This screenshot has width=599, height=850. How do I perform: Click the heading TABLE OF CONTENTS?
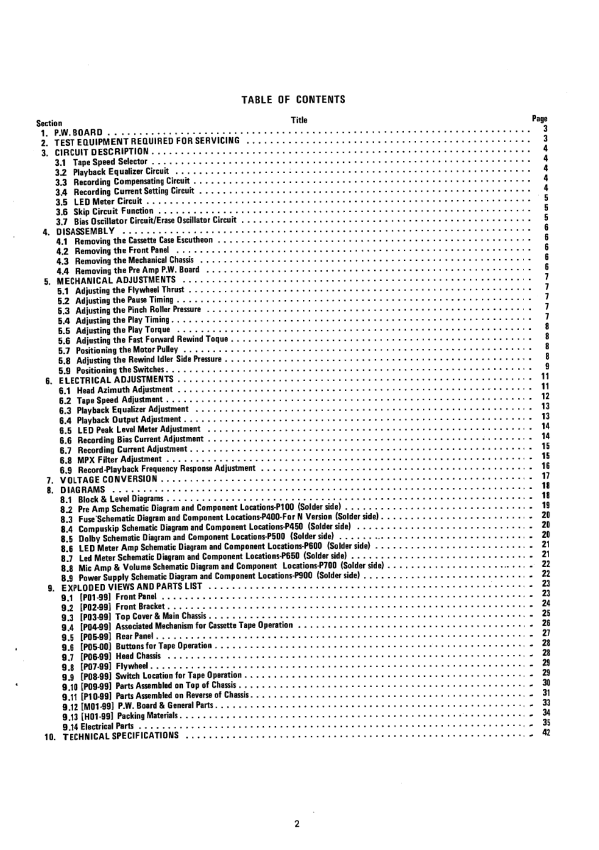[x=293, y=99]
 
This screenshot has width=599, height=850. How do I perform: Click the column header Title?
[x=299, y=120]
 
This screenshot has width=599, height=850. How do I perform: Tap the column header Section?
[x=49, y=123]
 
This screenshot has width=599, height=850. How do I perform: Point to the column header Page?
[x=539, y=119]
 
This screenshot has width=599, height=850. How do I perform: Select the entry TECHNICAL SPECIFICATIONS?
[x=121, y=736]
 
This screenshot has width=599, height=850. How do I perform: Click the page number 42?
[x=546, y=733]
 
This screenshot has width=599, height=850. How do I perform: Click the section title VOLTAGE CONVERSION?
[x=108, y=479]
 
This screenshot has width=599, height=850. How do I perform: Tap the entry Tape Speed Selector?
[x=110, y=162]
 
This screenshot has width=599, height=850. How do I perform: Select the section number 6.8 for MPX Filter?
[x=65, y=460]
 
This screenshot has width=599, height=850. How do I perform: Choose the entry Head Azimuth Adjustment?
[x=124, y=390]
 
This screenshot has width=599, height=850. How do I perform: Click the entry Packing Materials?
[x=147, y=716]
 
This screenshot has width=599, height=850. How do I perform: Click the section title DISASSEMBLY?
[x=85, y=232]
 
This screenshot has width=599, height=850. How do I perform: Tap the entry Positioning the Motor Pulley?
[x=127, y=350]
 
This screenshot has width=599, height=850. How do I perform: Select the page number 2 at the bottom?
[x=297, y=825]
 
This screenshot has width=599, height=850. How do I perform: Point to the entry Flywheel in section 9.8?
[x=132, y=666]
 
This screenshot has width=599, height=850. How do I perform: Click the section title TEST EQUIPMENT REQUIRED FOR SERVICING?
[x=147, y=141]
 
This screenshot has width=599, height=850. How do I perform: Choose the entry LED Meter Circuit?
[x=107, y=201]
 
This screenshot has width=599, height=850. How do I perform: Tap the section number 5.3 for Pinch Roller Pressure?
[x=63, y=310]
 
